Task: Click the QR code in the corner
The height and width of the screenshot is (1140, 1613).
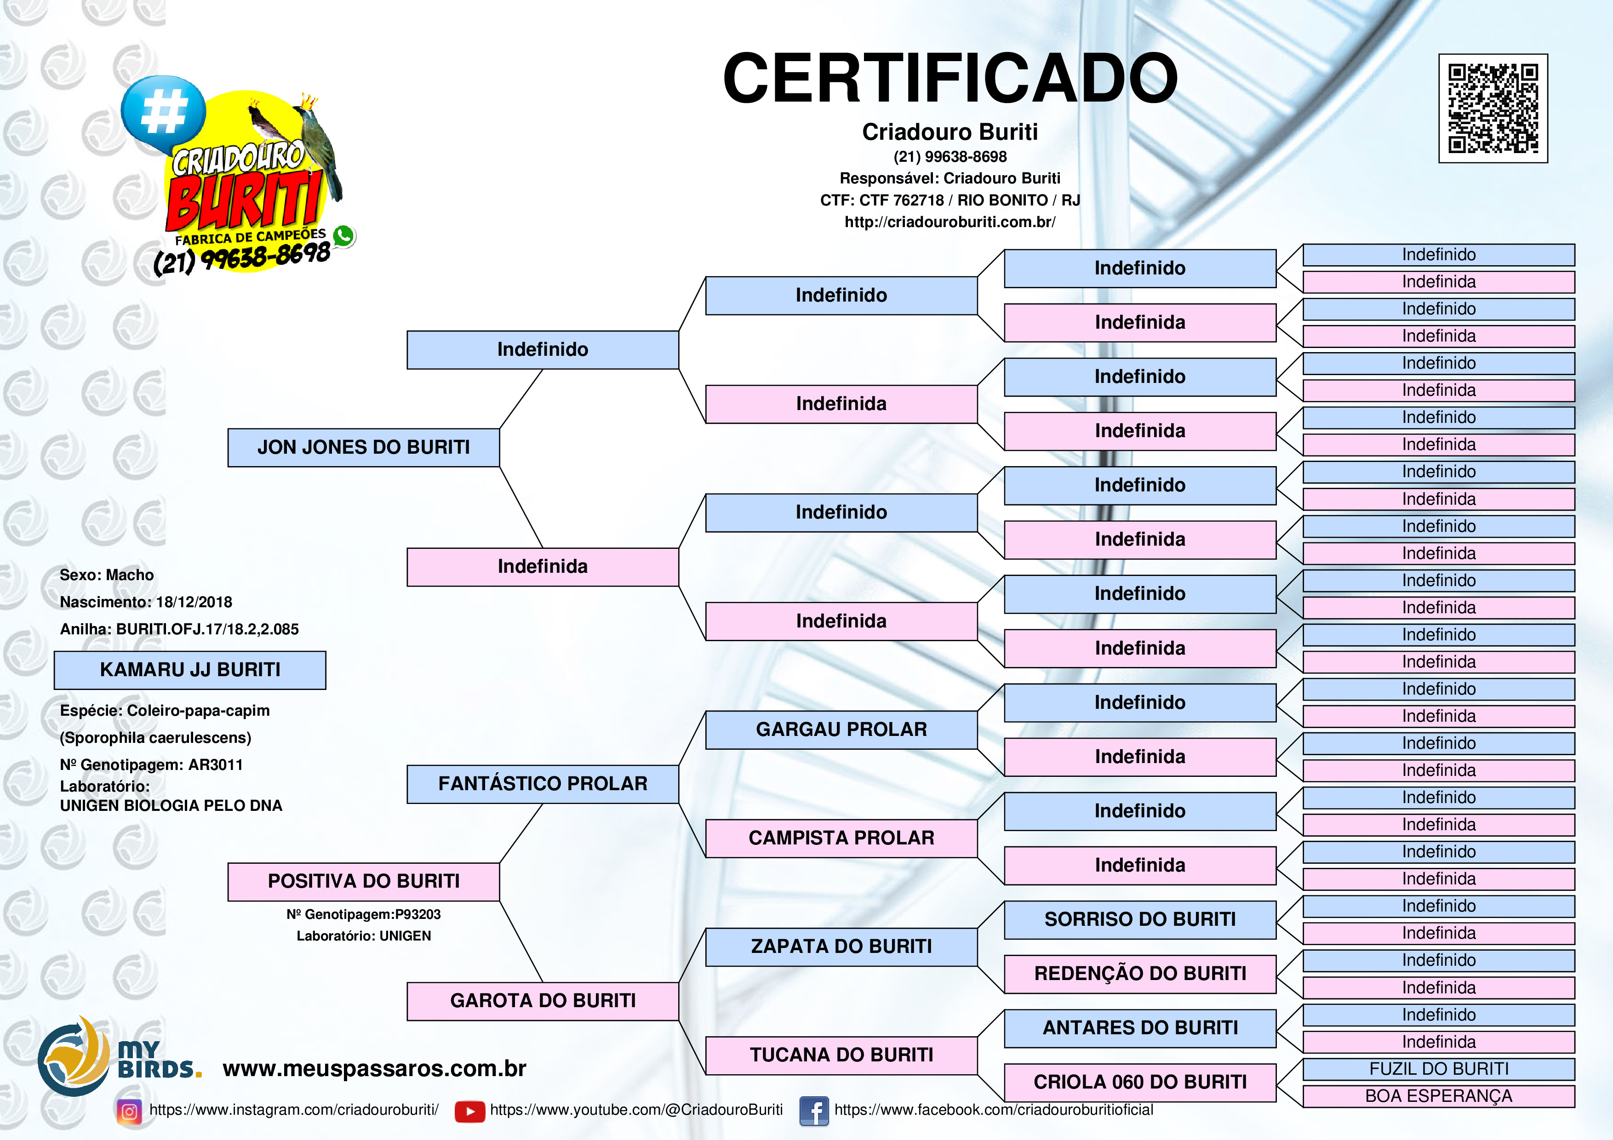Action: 1493,108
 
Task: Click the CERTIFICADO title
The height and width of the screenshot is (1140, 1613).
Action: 950,78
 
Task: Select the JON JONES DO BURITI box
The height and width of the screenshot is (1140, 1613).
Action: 363,447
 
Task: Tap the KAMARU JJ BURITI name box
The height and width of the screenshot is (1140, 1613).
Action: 190,670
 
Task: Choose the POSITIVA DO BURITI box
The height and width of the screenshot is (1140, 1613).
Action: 363,882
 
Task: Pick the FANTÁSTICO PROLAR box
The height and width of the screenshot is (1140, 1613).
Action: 543,784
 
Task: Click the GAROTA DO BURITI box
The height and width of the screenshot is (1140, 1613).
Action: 543,1001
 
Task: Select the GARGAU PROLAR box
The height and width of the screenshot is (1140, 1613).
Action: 841,730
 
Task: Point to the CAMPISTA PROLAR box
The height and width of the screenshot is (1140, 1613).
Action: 841,838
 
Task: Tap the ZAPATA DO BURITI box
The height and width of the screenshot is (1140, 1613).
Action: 841,947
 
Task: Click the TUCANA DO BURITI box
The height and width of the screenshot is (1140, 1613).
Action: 841,1055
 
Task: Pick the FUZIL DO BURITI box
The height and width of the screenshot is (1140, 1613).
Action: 1439,1069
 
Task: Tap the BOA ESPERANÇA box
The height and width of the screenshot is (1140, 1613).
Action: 1439,1096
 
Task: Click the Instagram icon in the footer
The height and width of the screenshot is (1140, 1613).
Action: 129,1111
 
